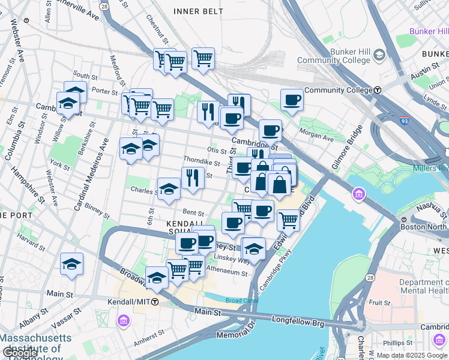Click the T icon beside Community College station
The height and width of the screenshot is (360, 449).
(378, 91)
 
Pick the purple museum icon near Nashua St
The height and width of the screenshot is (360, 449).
(359, 194)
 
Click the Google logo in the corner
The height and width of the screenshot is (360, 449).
(20, 352)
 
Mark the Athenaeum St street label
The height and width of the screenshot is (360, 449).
(227, 272)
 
